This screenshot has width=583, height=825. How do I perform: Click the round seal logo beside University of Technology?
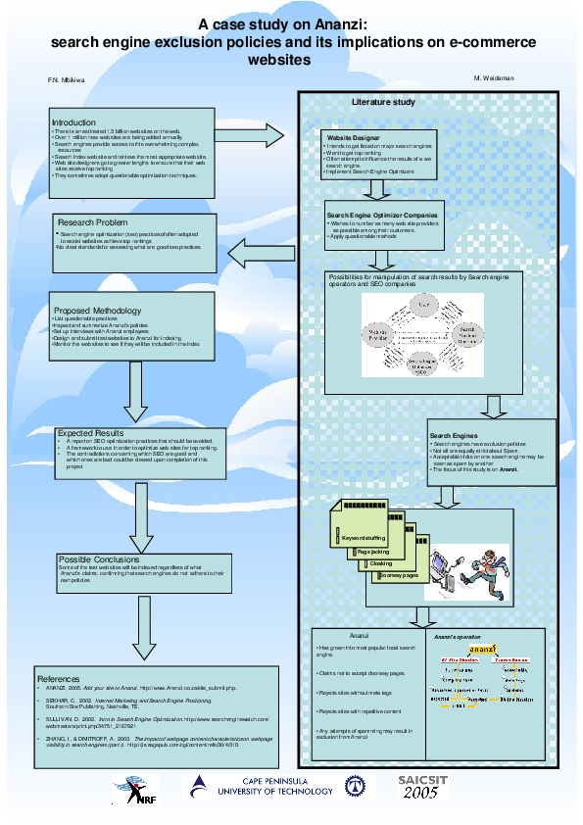tap(353, 785)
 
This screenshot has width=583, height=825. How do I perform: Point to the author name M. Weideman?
tap(493, 77)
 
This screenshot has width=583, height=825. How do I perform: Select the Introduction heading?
tap(73, 122)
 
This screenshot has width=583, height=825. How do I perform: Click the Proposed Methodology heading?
tap(97, 311)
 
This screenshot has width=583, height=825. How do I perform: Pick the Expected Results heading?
tap(90, 432)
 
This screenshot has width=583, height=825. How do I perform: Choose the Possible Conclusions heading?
tap(99, 559)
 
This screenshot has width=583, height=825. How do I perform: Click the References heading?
tap(58, 679)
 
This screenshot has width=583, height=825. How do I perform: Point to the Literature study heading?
tap(383, 103)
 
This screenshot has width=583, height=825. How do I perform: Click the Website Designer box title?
tap(353, 139)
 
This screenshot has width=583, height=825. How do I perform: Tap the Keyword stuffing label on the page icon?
tap(363, 539)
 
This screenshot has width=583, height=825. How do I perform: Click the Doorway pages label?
tap(399, 575)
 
